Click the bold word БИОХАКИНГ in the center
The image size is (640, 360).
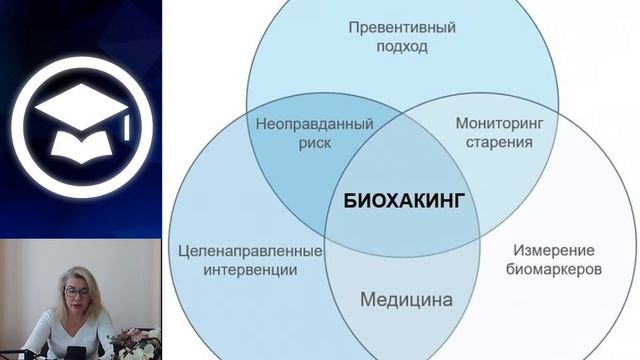coord(405,199)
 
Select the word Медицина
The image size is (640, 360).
coord(406,299)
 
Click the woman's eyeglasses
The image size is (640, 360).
coord(76,293)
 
